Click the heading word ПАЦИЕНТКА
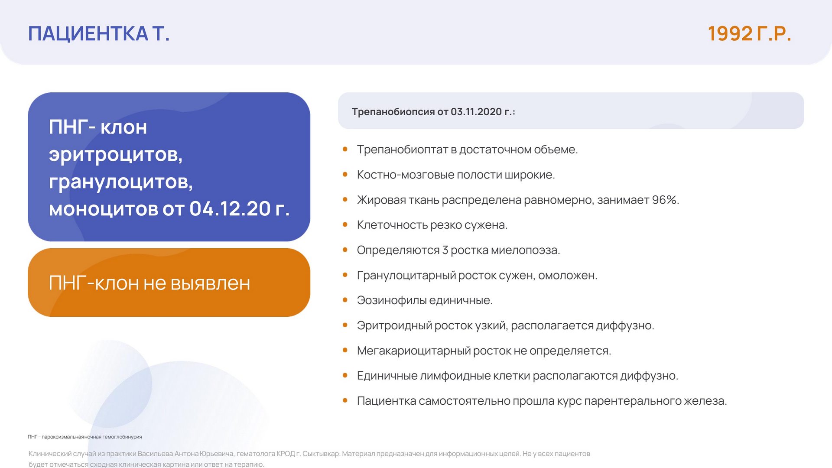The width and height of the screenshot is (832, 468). [88, 34]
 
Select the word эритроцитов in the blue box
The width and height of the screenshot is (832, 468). [116, 155]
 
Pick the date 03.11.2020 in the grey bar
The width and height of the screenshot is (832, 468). [476, 112]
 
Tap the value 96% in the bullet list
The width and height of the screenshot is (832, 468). [665, 200]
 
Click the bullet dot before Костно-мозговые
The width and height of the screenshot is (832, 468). [345, 175]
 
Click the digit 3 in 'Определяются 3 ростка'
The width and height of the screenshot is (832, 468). [445, 250]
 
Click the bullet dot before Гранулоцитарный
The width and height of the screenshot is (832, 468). [345, 275]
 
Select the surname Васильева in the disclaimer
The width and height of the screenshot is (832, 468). [155, 454]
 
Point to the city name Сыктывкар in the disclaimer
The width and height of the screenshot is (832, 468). [321, 454]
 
